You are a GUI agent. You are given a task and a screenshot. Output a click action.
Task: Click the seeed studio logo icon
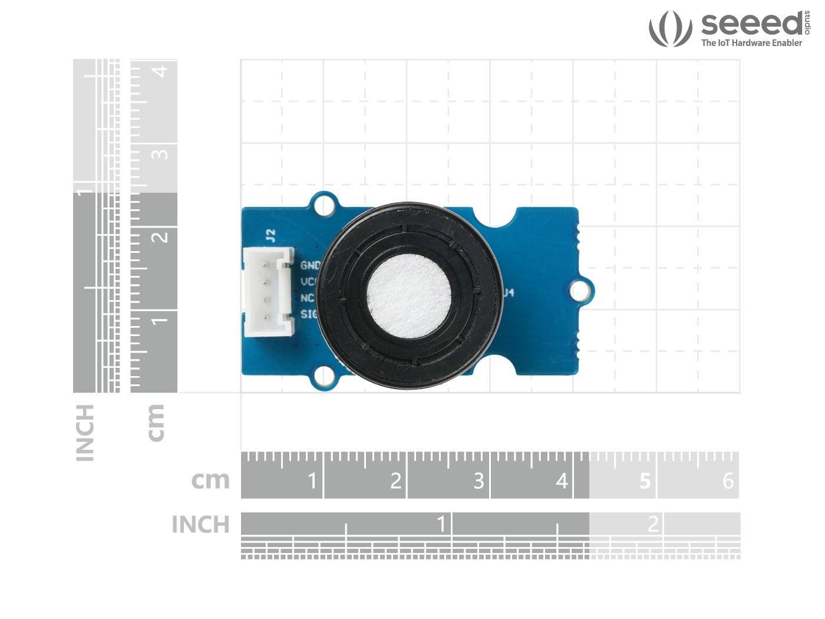click(670, 28)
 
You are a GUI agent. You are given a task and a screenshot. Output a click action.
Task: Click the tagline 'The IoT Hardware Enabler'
click(751, 43)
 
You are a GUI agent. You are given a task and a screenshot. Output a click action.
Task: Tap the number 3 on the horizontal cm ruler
click(478, 481)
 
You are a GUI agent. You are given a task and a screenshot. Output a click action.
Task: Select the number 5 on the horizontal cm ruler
click(645, 481)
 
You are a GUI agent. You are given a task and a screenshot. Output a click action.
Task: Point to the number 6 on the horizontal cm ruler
click(728, 481)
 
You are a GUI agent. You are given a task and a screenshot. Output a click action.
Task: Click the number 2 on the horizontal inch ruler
click(653, 523)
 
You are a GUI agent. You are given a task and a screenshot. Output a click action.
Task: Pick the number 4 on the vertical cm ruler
click(160, 71)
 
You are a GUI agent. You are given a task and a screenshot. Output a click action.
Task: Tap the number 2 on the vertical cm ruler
click(160, 238)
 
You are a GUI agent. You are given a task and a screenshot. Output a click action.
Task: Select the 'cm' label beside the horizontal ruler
click(210, 480)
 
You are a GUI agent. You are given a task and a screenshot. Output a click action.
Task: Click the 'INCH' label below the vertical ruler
click(85, 433)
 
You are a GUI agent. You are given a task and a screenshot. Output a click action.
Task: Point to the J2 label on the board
click(270, 235)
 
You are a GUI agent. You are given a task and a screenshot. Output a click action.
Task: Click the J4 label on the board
click(509, 292)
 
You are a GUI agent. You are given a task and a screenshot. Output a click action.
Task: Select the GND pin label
click(310, 265)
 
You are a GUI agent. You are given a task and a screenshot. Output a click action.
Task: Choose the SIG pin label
click(309, 314)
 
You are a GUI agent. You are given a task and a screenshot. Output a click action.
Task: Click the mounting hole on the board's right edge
click(580, 291)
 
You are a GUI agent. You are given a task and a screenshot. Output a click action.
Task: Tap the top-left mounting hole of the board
click(324, 205)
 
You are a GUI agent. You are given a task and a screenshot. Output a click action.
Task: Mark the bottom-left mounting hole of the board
click(324, 376)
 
